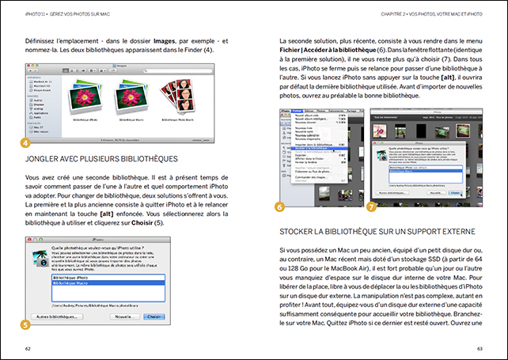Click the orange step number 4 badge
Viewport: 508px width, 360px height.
[x=25, y=143]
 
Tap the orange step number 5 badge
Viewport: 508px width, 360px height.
[x=25, y=324]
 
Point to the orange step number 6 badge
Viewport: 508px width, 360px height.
[x=279, y=207]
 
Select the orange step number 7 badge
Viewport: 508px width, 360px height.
[x=372, y=207]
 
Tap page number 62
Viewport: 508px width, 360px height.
[x=28, y=347]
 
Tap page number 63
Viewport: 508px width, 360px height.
[x=480, y=347]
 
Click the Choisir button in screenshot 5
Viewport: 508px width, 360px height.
[x=155, y=316]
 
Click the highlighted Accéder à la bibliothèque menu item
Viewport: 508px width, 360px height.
[x=316, y=148]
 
